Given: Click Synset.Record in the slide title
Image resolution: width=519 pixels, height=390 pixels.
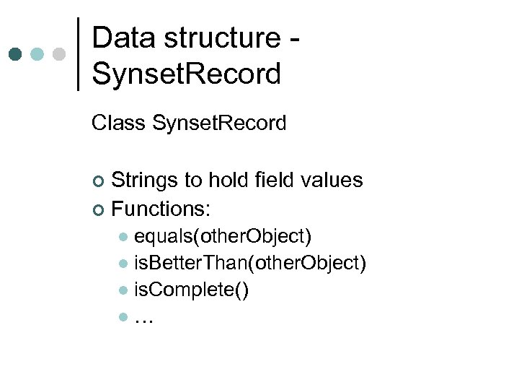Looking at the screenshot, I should [x=187, y=74].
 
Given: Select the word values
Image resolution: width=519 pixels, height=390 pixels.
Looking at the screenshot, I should [x=332, y=180].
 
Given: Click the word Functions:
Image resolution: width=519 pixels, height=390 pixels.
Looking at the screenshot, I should [x=161, y=209].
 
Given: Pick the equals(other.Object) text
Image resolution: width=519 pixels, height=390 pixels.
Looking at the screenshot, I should [x=223, y=236].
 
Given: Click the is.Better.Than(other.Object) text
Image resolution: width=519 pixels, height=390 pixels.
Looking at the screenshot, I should [x=250, y=264].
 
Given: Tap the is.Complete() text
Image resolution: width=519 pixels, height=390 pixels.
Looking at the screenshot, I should [x=192, y=290].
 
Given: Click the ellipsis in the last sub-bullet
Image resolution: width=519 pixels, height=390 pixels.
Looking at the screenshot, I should [x=143, y=318].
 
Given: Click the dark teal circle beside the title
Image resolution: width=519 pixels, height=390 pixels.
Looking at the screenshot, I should [x=16, y=54].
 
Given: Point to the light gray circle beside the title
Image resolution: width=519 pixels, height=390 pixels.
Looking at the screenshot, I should [x=59, y=54].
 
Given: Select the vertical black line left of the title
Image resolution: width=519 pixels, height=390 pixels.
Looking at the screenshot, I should [x=78, y=54].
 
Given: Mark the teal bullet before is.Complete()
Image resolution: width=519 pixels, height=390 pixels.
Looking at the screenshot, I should [x=124, y=291].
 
